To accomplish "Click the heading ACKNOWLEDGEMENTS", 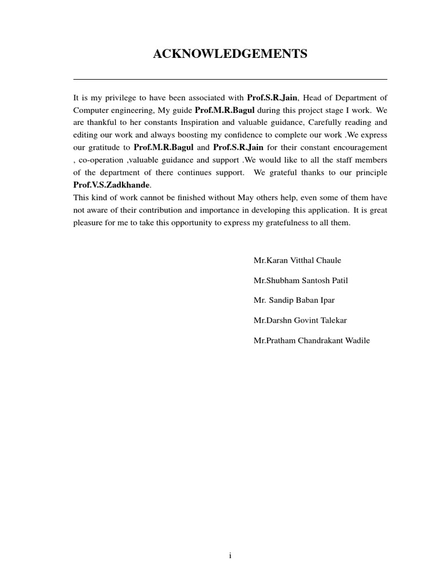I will coord(230,54).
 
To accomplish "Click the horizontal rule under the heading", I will coord(230,79).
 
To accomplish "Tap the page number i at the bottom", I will coord(230,555).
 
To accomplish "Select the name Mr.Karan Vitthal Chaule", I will coord(297,260).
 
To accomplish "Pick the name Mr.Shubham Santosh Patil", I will coord(301,280).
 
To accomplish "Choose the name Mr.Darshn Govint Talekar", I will coord(300,320).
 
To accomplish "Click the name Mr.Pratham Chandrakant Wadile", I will coord(312,341).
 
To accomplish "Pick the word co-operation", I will coord(100,160).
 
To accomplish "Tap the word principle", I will coord(371,173).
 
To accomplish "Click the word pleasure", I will coord(89,223).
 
